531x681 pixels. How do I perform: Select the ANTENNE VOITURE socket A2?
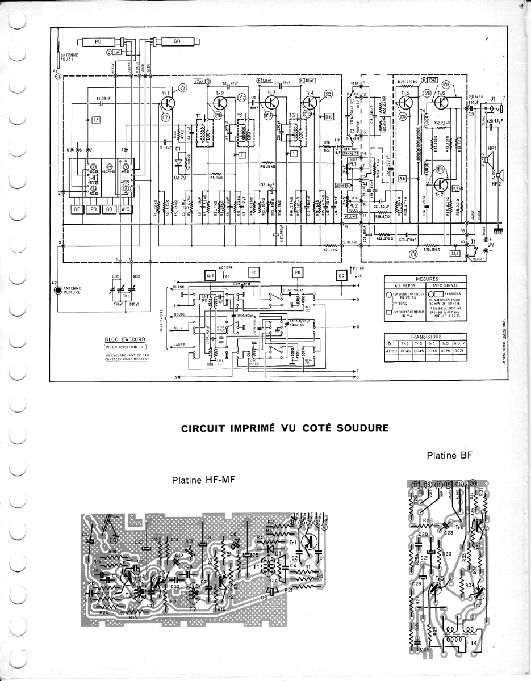click(57, 290)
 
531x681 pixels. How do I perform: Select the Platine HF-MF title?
click(203, 480)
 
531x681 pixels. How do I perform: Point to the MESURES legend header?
click(426, 279)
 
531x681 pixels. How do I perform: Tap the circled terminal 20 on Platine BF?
click(474, 484)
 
